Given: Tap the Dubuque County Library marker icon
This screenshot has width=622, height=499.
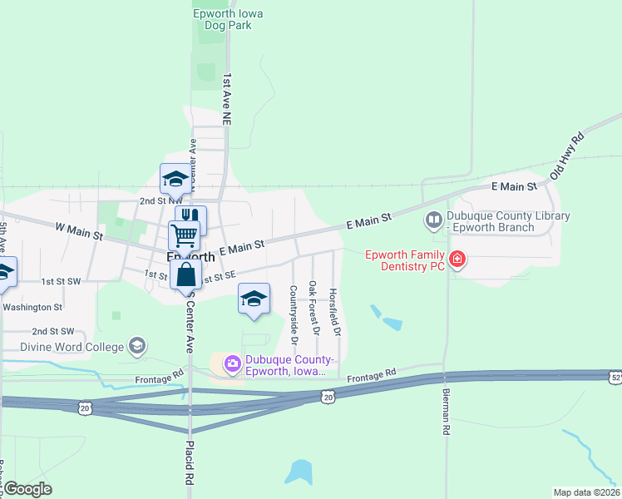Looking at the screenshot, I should pyautogui.click(x=433, y=221).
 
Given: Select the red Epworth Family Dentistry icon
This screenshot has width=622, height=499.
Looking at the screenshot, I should pyautogui.click(x=457, y=260).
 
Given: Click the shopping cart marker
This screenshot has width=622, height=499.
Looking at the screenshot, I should pyautogui.click(x=183, y=235).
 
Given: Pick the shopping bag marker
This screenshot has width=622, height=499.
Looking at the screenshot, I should pyautogui.click(x=186, y=275).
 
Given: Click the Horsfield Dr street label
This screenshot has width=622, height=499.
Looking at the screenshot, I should pyautogui.click(x=333, y=313).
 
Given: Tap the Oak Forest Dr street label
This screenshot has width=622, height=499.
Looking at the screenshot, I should pyautogui.click(x=313, y=308).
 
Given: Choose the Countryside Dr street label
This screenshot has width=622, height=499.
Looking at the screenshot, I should pyautogui.click(x=294, y=315).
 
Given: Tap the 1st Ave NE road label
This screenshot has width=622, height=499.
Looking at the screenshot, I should pyautogui.click(x=226, y=99).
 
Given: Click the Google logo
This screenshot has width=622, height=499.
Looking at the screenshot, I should pyautogui.click(x=27, y=489).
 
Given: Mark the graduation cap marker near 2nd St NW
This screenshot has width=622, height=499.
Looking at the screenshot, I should pyautogui.click(x=175, y=178).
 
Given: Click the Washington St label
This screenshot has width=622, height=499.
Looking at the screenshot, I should pyautogui.click(x=32, y=307).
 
